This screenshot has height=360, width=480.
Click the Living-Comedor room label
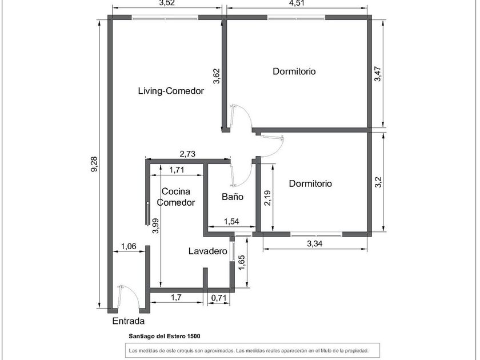click(171, 91)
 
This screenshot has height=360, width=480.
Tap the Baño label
click(233, 197)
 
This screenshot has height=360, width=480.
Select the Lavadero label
click(208, 251)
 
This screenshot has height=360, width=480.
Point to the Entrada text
click(128, 321)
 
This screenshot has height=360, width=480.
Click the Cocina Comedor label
click(176, 197)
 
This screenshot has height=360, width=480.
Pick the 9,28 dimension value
click(94, 164)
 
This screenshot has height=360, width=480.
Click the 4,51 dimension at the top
click(297, 3)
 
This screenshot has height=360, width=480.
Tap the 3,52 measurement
click(167, 3)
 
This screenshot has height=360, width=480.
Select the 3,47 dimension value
click(378, 74)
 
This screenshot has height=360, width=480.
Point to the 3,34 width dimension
click(315, 243)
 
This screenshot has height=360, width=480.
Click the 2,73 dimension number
click(187, 154)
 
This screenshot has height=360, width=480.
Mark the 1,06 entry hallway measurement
click(129, 246)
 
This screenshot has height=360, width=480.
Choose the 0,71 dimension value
click(219, 298)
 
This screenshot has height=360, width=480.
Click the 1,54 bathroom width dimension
click(231, 221)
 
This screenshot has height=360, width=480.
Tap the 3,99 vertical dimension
click(155, 226)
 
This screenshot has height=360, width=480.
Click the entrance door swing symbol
click(129, 297)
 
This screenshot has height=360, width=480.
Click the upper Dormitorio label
click(294, 71)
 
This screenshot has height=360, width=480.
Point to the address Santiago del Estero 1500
click(165, 336)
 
